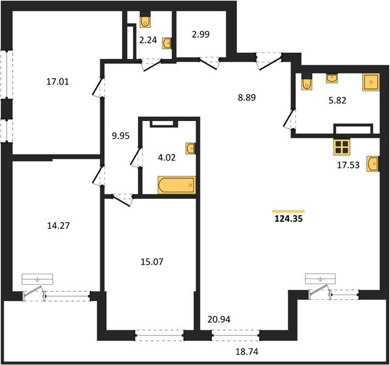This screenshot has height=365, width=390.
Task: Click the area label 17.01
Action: [x=58, y=82]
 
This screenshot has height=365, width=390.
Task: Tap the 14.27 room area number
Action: [x=58, y=226]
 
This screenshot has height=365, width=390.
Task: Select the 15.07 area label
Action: [x=152, y=262]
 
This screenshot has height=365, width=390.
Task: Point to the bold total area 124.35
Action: [x=289, y=219]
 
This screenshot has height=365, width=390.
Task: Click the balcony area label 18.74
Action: [x=247, y=352]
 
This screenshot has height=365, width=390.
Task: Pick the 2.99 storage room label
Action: [x=200, y=34]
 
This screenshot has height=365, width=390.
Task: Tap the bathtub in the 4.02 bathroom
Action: [x=177, y=185]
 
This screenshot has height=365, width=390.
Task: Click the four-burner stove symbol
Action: [x=342, y=147]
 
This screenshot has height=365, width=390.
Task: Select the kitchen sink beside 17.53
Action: [x=372, y=164]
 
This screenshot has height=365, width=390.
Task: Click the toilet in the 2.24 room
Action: [x=145, y=21]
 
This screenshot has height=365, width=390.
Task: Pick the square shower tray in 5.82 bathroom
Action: [x=371, y=82]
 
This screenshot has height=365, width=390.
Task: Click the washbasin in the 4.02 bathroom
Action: [x=191, y=148]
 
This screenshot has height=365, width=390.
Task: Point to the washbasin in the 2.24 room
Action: [x=166, y=43]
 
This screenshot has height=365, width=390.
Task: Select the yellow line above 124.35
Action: [x=289, y=212]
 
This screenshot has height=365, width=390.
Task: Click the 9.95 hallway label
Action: [x=121, y=136]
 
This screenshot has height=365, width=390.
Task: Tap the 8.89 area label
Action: [x=247, y=97]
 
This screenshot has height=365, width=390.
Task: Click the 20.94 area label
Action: [x=219, y=319]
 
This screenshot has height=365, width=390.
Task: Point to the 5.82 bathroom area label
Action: [x=337, y=100]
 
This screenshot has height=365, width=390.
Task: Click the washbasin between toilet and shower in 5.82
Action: [x=332, y=78]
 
